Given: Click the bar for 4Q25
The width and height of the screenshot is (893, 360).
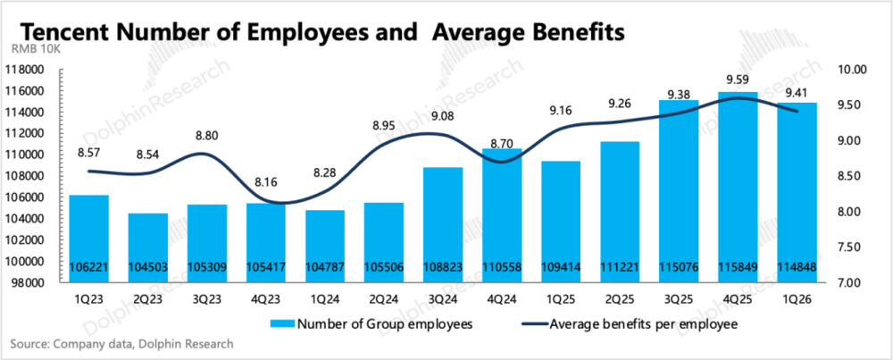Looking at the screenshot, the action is (x=743, y=187).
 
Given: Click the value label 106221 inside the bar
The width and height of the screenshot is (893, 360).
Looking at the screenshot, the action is (x=88, y=266).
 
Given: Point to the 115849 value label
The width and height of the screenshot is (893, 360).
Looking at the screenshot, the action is (x=743, y=266).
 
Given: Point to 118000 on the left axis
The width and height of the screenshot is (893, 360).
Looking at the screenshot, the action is (x=26, y=70).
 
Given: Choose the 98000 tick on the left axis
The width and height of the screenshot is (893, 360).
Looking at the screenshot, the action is (x=29, y=283).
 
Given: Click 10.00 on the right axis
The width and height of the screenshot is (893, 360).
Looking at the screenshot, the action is (x=851, y=70).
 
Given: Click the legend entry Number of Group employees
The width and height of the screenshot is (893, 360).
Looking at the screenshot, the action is (x=371, y=324).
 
